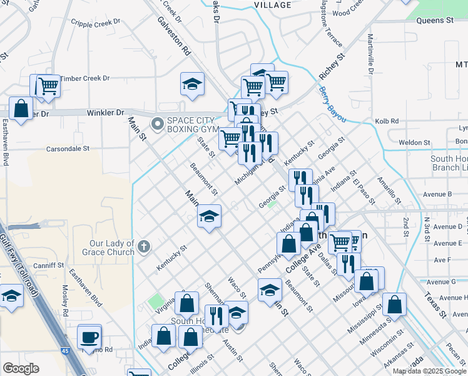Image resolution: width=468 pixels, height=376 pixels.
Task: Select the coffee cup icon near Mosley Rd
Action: click(x=89, y=337)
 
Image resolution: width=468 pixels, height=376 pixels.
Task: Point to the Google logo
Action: click(x=21, y=368)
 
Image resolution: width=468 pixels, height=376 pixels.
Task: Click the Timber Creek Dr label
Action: click(x=84, y=78)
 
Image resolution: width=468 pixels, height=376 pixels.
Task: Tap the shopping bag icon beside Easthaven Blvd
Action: click(x=21, y=109)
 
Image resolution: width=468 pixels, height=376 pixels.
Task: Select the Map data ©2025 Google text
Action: click(x=429, y=371)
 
